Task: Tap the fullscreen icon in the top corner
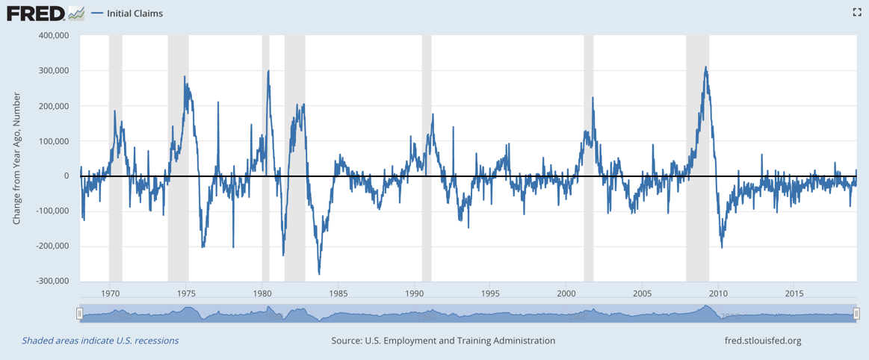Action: tap(857, 12)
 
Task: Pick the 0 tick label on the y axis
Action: tap(66, 176)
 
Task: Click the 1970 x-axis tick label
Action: tap(110, 294)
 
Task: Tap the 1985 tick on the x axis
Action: tap(338, 294)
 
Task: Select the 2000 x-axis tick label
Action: tap(566, 294)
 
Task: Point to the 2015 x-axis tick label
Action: tap(795, 294)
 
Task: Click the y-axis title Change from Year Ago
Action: tap(16, 158)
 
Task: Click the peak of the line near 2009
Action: tap(705, 67)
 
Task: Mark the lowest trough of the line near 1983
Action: tap(319, 274)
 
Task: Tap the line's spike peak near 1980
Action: tap(268, 71)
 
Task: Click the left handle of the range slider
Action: tap(79, 314)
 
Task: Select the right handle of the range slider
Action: tap(857, 314)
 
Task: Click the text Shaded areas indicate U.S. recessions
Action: tap(100, 341)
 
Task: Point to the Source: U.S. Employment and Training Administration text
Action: tap(443, 341)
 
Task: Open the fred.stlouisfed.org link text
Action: tap(762, 341)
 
